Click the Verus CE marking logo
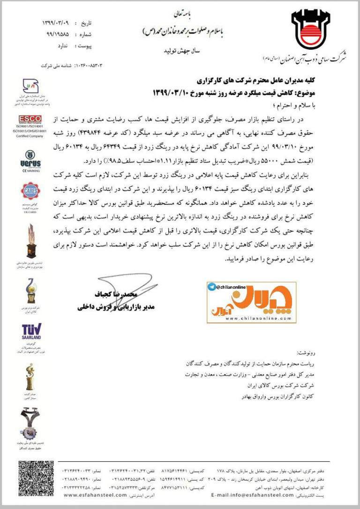[30, 158]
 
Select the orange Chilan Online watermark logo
[252, 302]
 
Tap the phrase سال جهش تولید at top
[179, 49]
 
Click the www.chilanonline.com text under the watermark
[251, 318]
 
